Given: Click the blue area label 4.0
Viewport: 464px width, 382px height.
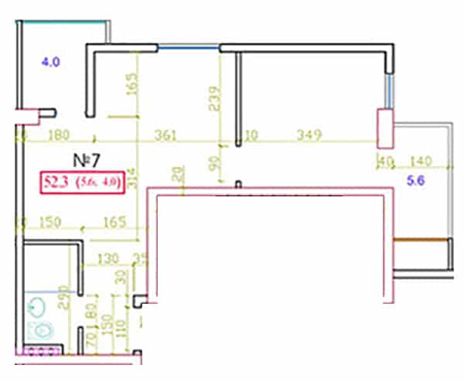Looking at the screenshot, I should point(50,61).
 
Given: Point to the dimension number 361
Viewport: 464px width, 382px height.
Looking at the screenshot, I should point(165,135).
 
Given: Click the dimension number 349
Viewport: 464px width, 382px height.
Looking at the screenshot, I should point(310,135).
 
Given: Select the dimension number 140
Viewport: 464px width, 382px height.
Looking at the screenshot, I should point(420,162).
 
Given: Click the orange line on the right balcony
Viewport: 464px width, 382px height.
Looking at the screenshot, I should point(421,241).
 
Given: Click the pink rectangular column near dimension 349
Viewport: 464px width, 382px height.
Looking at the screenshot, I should point(384,128).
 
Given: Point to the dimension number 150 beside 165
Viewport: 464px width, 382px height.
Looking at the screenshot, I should point(50,223).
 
